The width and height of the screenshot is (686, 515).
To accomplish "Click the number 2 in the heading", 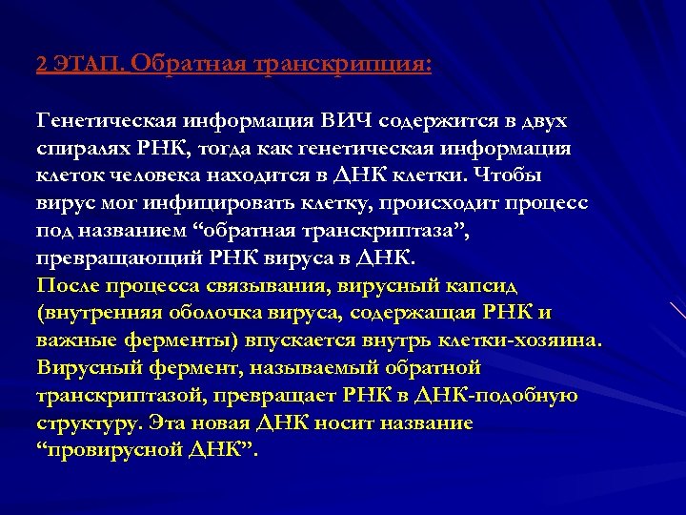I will point(41,65).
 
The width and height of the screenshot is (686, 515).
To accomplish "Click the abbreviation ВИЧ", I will point(347,121).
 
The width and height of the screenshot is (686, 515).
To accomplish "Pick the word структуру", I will point(81,422).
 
